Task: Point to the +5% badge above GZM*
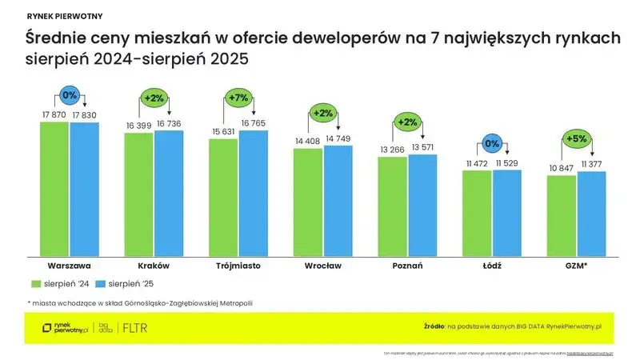click(x=577, y=138)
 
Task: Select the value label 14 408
click(x=308, y=142)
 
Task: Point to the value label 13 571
click(x=422, y=148)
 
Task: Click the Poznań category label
click(x=408, y=265)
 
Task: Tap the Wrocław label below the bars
click(x=322, y=265)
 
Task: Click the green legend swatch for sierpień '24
click(x=35, y=283)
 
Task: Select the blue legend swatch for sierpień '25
click(x=100, y=283)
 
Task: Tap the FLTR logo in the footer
click(x=134, y=327)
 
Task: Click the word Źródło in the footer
click(x=434, y=327)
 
